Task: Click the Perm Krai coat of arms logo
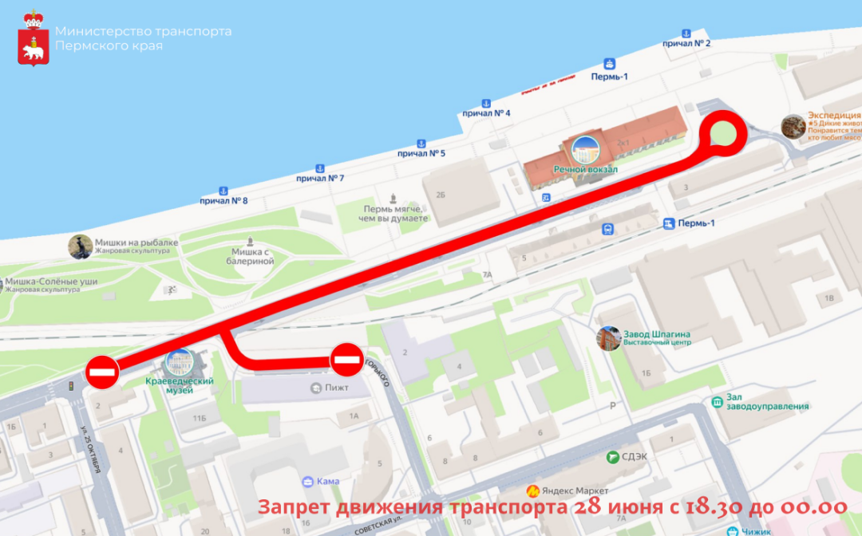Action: click(x=34, y=38)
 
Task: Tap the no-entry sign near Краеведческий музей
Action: click(x=104, y=372)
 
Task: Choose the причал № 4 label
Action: click(x=486, y=113)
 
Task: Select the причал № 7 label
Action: click(x=320, y=178)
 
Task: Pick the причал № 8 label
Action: click(x=223, y=200)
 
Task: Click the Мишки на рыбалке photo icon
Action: click(x=80, y=246)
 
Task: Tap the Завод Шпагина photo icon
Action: click(x=610, y=338)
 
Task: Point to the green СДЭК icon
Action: click(x=612, y=456)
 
